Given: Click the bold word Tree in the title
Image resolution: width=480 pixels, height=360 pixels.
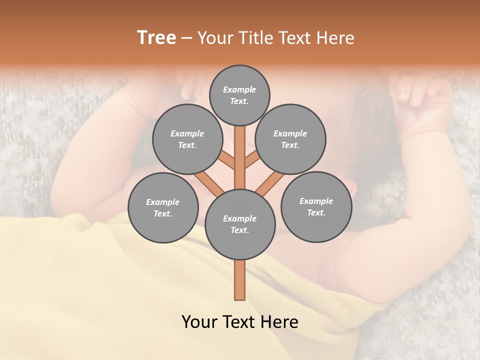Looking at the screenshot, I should (156, 38).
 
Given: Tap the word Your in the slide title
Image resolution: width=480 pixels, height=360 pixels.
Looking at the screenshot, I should (213, 38).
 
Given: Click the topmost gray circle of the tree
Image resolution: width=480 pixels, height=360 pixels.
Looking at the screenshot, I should (239, 95).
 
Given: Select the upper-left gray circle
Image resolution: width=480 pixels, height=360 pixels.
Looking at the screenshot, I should (187, 139).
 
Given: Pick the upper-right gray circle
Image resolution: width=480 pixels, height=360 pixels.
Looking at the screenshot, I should (290, 139).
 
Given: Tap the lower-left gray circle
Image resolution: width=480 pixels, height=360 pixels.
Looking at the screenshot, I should (162, 207).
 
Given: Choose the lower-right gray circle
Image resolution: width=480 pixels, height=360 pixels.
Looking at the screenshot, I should (316, 206).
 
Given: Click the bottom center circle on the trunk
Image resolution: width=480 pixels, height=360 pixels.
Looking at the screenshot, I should (239, 224).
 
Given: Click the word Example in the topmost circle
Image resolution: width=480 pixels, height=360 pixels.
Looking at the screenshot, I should (239, 89).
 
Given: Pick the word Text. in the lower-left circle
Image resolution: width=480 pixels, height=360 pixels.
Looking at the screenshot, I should (162, 213).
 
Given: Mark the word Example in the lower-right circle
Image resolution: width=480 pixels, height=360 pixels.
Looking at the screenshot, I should (316, 201).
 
